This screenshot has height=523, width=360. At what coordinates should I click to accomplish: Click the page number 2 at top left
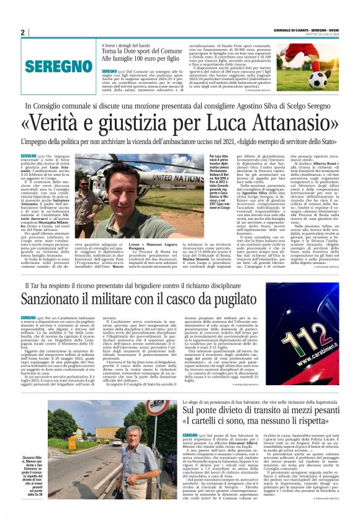pos(22,33)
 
